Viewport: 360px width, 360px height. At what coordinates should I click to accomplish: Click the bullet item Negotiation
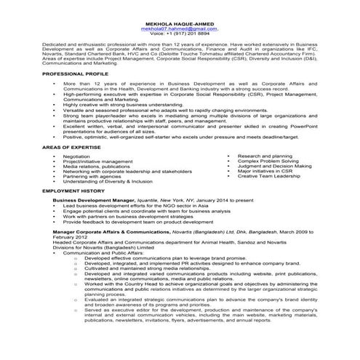pos(76,156)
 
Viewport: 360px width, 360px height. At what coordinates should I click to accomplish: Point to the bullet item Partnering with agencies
pos(92,176)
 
